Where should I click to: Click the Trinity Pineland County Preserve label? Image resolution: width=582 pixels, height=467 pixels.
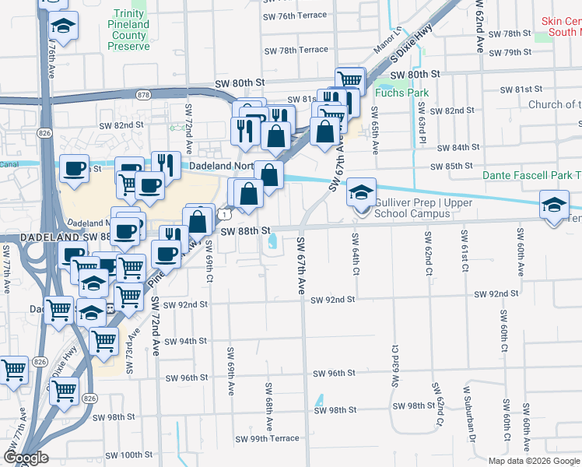[129, 30]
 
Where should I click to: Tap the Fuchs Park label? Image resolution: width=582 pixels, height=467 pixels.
[401, 92]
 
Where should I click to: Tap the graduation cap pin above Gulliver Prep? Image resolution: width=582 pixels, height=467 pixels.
[361, 191]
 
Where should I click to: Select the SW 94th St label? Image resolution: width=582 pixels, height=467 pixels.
[185, 341]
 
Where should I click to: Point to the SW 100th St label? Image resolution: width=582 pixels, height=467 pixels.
[125, 455]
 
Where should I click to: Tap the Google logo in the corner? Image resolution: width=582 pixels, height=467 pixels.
[26, 458]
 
